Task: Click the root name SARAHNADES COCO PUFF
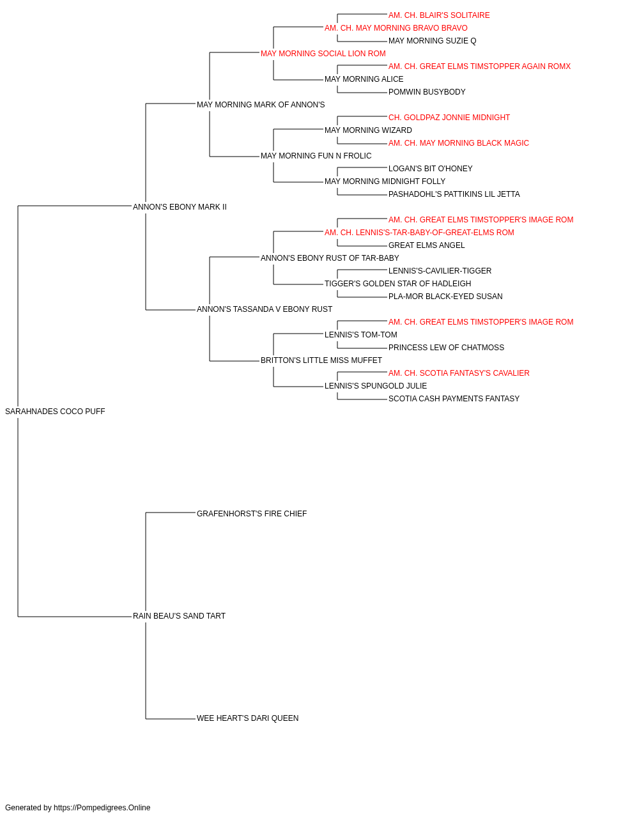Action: (55, 412)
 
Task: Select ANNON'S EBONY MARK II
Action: (180, 207)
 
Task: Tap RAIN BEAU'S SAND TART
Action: (179, 616)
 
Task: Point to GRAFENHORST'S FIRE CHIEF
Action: (252, 514)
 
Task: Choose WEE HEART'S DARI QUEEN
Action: (248, 718)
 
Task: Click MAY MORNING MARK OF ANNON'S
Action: (261, 105)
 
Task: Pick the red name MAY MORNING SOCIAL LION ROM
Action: (323, 54)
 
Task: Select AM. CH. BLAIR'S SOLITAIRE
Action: (439, 15)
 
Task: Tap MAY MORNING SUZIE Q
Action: (433, 41)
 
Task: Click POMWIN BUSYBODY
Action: (427, 92)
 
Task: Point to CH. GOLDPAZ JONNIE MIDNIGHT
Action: (449, 118)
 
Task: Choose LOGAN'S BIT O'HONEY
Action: (431, 169)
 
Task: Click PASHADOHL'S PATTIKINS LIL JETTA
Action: (454, 194)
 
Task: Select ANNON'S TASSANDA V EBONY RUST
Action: (265, 309)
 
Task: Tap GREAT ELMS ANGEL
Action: (427, 245)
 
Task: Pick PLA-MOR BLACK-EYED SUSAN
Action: (445, 297)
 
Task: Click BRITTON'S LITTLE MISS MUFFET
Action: (321, 360)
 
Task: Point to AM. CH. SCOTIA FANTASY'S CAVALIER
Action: (459, 373)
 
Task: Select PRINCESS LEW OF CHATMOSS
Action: (446, 348)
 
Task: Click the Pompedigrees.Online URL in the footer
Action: (102, 808)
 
